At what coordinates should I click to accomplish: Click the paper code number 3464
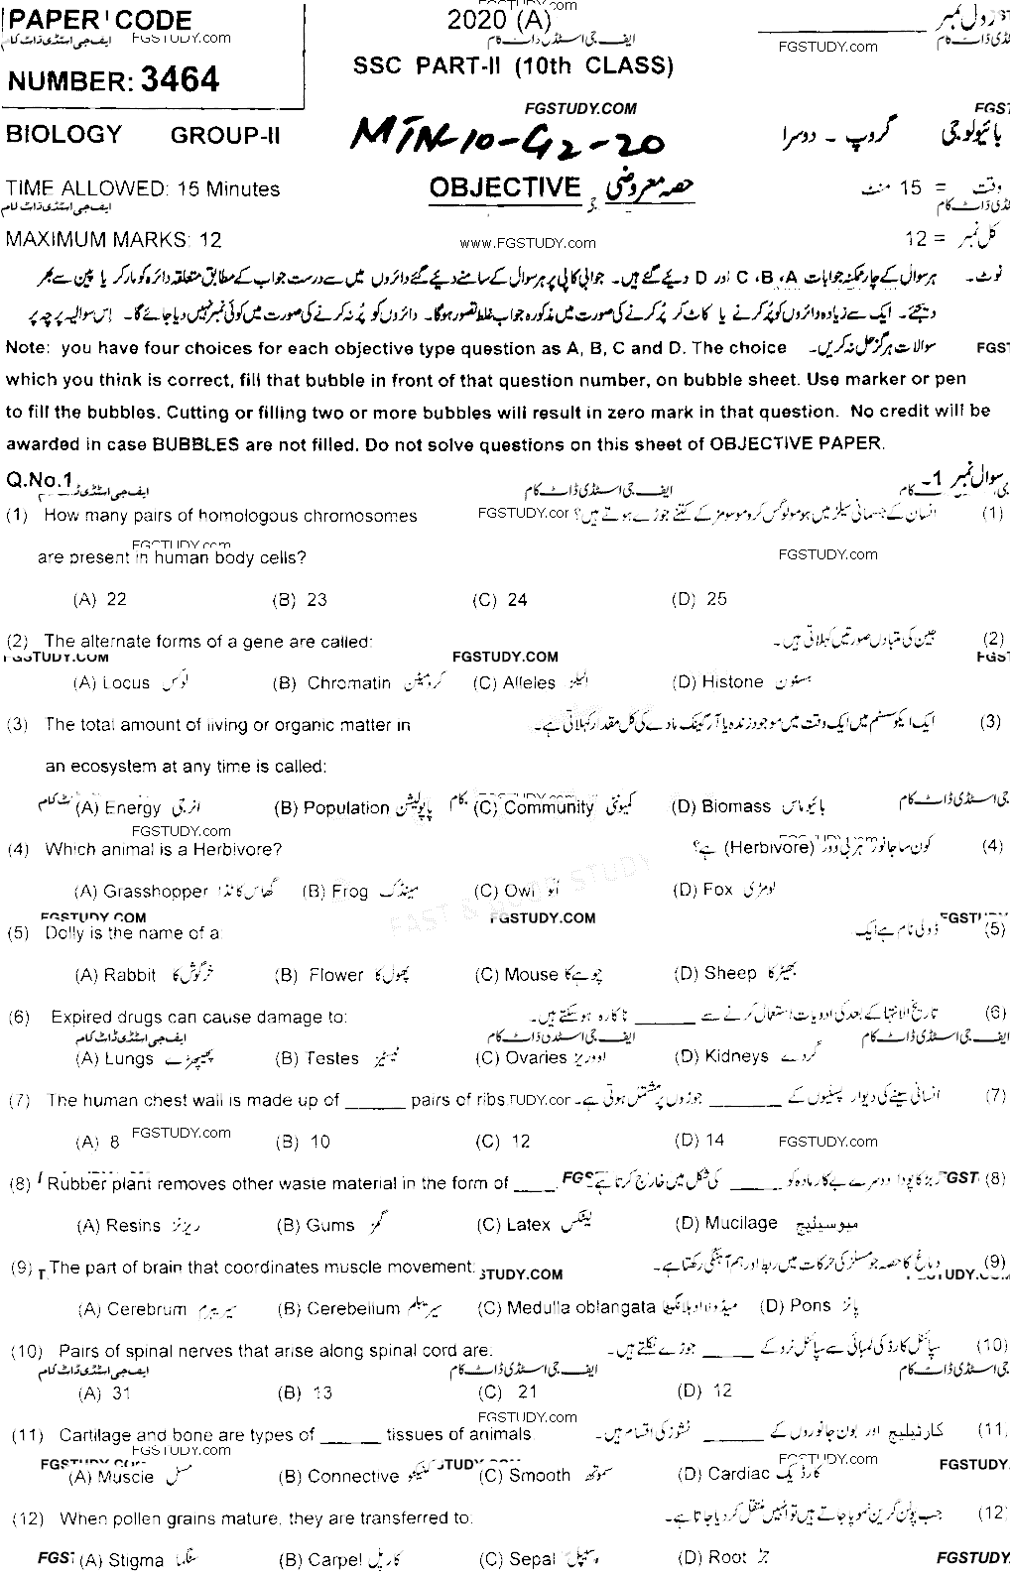tap(181, 79)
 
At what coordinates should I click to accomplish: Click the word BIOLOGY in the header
tap(63, 134)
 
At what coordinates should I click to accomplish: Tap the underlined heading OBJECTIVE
tap(505, 186)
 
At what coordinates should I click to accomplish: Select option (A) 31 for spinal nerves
tap(104, 1393)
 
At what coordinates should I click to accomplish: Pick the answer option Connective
tap(339, 1476)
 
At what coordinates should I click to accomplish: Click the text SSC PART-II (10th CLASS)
tap(513, 65)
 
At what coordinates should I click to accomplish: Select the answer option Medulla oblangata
tap(568, 1308)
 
